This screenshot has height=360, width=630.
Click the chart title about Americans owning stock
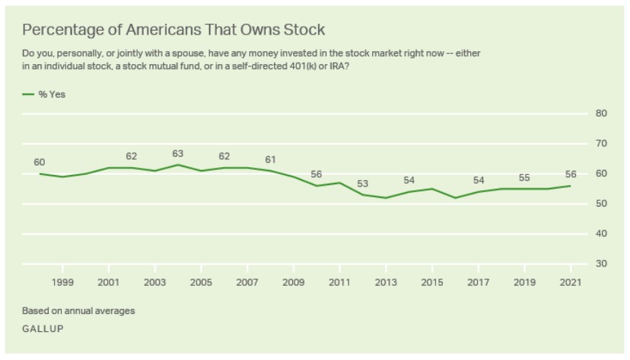tap(174, 30)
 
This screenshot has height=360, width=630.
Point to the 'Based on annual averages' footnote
tap(78, 311)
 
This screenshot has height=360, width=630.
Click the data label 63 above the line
tap(178, 153)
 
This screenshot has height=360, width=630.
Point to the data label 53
tap(363, 184)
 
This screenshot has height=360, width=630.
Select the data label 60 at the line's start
tap(40, 162)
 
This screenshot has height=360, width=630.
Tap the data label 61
tap(270, 159)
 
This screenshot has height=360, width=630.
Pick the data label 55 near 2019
tap(524, 177)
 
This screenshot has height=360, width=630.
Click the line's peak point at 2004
tap(178, 165)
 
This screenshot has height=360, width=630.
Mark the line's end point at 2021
tap(570, 186)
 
